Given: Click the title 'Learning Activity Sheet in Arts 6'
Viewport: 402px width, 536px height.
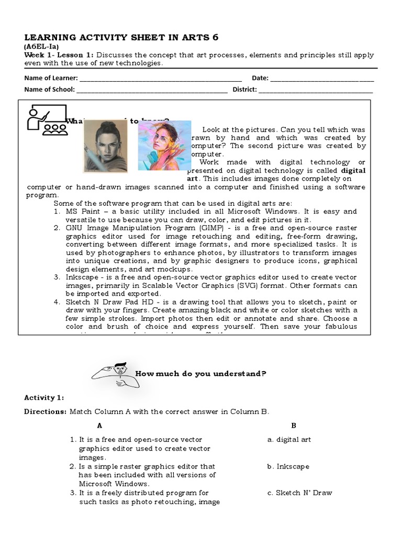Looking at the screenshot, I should click(x=121, y=37).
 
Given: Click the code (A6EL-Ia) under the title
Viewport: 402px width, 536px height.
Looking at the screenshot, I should click(x=41, y=47).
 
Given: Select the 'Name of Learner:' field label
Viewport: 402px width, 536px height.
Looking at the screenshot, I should click(x=51, y=78).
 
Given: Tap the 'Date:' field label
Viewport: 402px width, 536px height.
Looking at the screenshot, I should click(x=260, y=78).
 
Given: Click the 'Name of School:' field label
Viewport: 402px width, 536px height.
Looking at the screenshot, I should click(x=50, y=89).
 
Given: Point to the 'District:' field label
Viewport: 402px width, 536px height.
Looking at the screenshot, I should click(x=244, y=89).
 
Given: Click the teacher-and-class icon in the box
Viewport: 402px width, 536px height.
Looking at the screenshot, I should click(x=46, y=120).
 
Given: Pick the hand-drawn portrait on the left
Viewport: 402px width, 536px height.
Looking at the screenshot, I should click(x=105, y=146).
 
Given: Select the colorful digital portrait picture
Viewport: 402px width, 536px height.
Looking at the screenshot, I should click(x=164, y=145).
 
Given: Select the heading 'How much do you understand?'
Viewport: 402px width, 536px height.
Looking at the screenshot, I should click(x=201, y=373).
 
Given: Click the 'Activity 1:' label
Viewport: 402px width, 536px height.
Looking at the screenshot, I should click(x=44, y=398).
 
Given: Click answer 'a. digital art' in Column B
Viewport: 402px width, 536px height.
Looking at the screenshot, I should click(x=289, y=439).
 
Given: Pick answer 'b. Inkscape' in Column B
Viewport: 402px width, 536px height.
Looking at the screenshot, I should click(x=288, y=466).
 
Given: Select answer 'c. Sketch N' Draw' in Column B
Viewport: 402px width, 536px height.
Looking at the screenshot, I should click(x=299, y=493).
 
